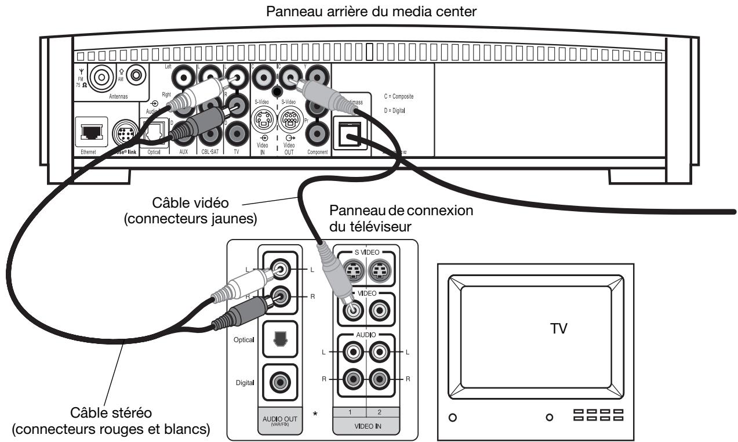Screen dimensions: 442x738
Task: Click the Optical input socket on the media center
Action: coord(152,136)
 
